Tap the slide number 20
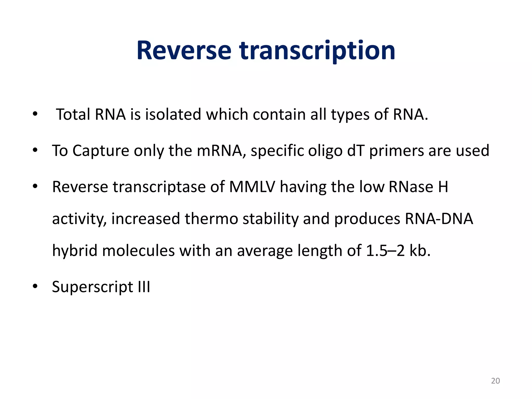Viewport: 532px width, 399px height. (x=495, y=381)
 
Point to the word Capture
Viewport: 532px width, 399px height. (x=101, y=151)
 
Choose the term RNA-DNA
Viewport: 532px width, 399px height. (x=439, y=219)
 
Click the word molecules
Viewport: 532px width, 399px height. (x=138, y=251)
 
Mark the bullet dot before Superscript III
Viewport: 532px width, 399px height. (x=35, y=286)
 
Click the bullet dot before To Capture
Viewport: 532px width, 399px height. (x=35, y=150)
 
